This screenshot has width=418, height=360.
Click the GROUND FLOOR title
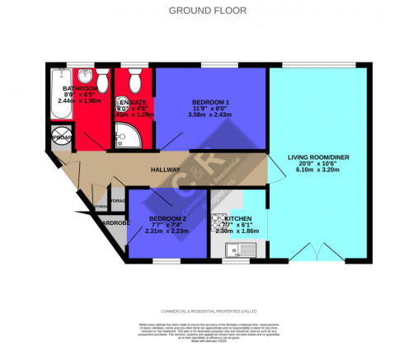click(209, 11)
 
